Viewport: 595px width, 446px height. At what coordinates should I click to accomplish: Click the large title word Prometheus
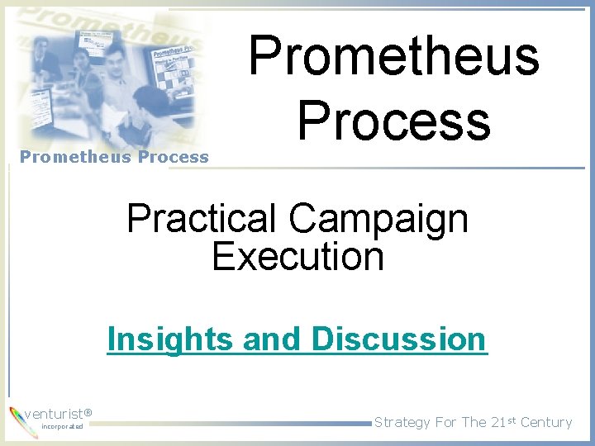click(393, 56)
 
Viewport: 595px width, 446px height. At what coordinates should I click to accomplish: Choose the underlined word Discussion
click(398, 339)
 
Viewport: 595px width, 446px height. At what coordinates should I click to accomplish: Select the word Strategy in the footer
click(402, 422)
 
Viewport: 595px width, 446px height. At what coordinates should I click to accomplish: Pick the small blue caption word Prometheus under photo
click(71, 157)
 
